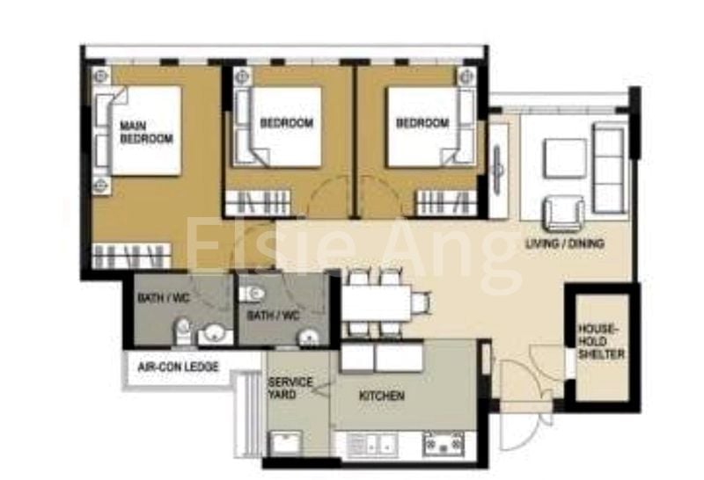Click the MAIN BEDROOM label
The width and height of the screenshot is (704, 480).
146,132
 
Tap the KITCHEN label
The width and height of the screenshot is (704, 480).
382,396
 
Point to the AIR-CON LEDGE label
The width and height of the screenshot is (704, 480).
178,367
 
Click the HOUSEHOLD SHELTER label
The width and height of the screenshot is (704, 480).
601,341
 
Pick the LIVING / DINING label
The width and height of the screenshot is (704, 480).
565,244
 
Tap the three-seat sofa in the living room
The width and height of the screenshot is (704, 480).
609,167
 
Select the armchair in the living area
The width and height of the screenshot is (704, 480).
564,214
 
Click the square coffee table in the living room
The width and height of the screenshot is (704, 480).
565,158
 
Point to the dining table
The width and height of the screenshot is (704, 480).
377,302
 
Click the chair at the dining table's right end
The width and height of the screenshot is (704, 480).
422,302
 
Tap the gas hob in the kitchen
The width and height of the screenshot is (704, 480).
444,444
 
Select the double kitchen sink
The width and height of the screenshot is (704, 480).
372,445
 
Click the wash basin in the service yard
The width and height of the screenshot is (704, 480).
286,444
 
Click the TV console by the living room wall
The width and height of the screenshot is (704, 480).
498,170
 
